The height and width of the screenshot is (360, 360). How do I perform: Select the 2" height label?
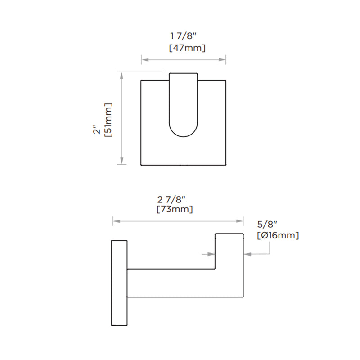pos(96,130)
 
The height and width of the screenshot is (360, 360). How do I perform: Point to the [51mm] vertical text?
pos(108,119)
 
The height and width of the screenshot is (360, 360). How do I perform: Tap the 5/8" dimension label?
pos(266,224)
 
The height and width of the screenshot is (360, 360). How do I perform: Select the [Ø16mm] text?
pos(278,235)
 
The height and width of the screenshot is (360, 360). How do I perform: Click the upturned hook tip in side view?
pos(229,250)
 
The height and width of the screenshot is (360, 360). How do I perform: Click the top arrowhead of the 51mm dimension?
pos(121,74)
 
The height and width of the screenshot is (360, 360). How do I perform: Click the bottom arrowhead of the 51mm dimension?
pos(121,162)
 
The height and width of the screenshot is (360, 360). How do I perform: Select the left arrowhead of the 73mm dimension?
pos(115,221)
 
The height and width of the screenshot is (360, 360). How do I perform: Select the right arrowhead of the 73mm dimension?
pos(240,221)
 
